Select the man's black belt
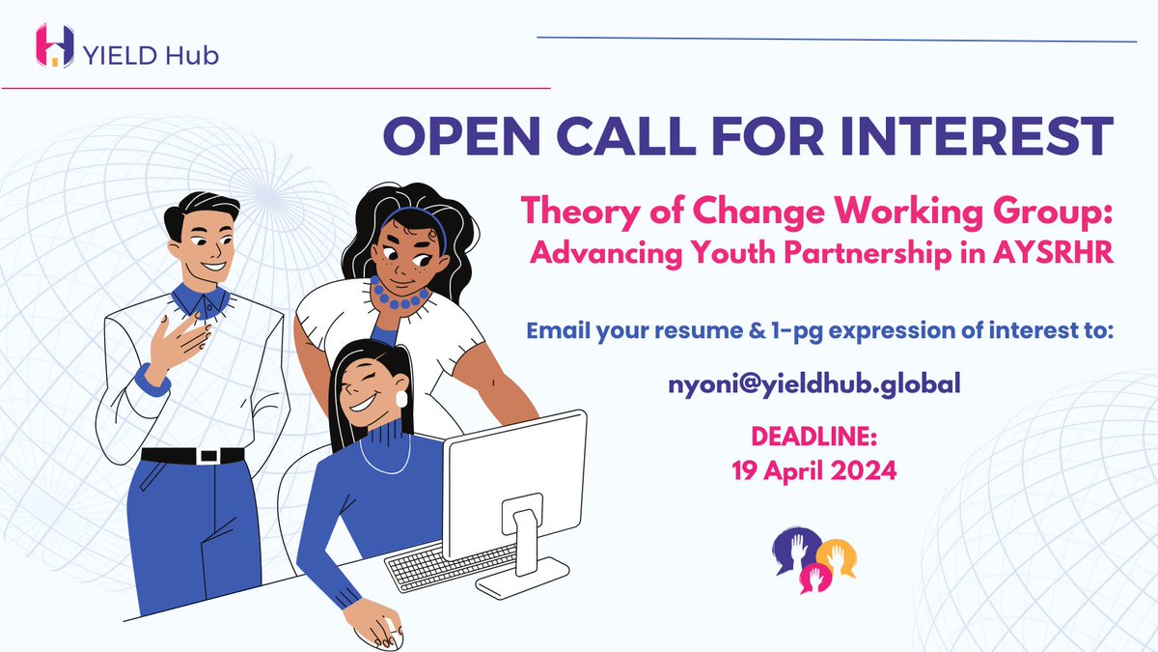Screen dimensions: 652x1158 click(x=193, y=455)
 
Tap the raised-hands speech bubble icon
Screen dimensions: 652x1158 click(x=814, y=559)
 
